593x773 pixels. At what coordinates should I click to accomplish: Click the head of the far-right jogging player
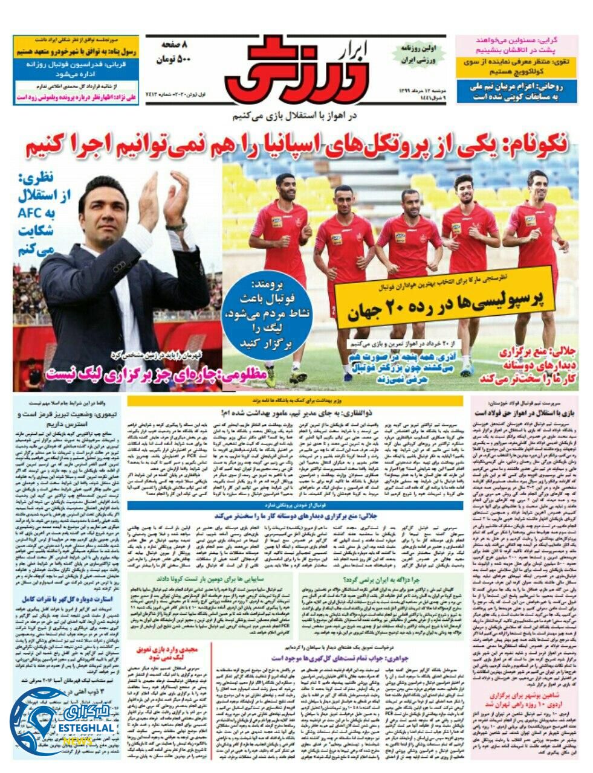[536, 181]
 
